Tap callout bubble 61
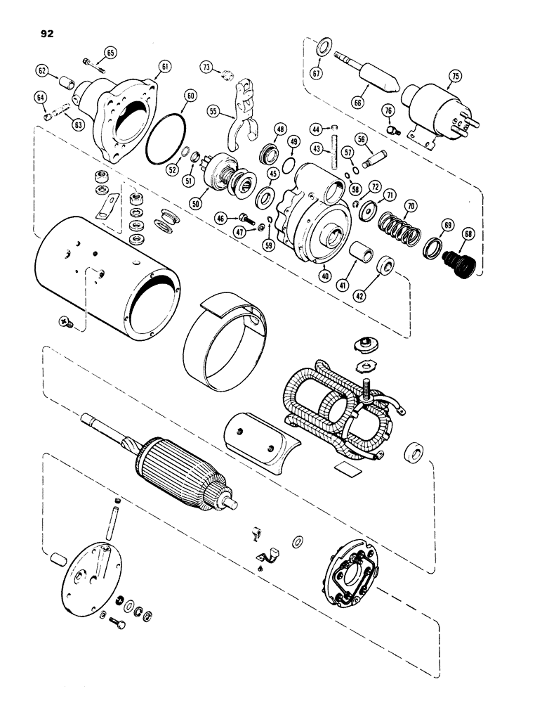[164, 66]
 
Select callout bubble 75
[455, 77]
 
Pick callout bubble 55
[213, 111]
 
